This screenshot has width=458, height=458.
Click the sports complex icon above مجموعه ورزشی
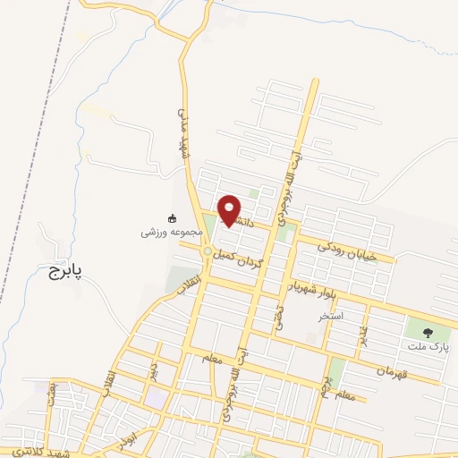(172, 217)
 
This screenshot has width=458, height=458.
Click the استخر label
(330, 317)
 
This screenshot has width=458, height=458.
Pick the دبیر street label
(154, 370)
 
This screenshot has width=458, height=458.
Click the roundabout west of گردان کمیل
(208, 252)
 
